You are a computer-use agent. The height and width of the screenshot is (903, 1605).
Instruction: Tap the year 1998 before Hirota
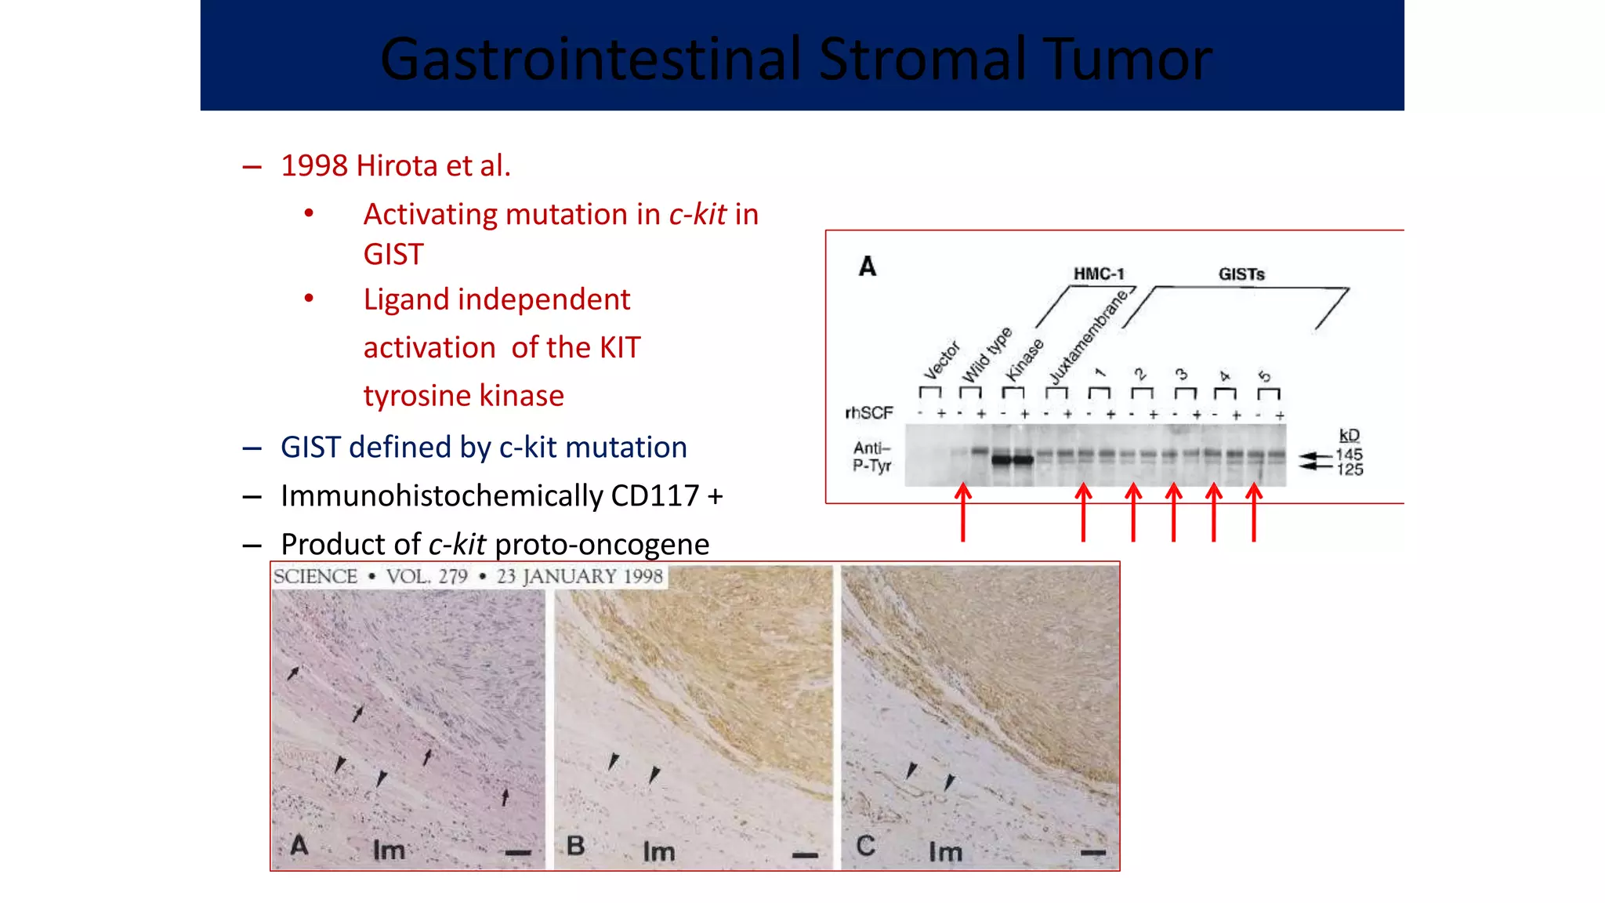[x=313, y=166]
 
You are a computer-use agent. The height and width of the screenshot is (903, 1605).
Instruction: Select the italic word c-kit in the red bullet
[x=697, y=215]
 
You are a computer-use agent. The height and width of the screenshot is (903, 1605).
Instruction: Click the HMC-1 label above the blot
[x=1098, y=274]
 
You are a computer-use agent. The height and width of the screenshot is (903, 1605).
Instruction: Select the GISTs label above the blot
[x=1241, y=274]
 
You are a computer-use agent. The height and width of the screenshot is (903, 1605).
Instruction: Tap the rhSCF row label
[x=868, y=413]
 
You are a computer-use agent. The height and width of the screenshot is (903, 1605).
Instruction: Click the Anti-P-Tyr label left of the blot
[x=872, y=457]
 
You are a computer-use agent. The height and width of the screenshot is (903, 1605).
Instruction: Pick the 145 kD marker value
[x=1349, y=455]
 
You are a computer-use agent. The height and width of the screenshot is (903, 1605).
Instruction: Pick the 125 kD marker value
[x=1349, y=470]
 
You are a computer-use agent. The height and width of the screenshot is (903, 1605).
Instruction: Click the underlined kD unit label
[x=1349, y=436]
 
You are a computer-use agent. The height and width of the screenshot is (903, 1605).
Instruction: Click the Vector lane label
[x=941, y=360]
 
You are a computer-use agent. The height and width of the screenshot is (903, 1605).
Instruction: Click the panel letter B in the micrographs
[x=575, y=846]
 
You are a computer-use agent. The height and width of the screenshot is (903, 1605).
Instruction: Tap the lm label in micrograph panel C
[x=945, y=852]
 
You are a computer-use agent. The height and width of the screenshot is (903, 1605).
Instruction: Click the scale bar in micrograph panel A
[x=518, y=853]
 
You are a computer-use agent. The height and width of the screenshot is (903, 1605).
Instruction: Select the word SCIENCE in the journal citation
[x=315, y=577]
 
